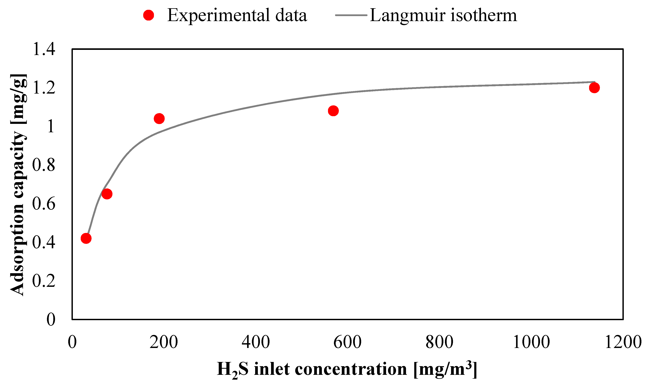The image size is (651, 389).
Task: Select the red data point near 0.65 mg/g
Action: click(107, 194)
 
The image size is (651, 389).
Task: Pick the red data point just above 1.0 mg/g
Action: click(159, 118)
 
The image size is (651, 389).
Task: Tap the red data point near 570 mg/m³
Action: click(333, 111)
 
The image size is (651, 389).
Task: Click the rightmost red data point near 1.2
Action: click(594, 88)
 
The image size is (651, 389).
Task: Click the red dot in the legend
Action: click(148, 15)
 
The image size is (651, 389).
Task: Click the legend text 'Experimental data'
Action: click(237, 15)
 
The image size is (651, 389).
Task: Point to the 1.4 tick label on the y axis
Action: click(44, 49)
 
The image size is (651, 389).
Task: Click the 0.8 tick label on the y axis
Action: click(44, 165)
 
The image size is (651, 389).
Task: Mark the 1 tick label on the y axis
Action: click(51, 126)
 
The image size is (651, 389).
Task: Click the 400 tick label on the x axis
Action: click(256, 342)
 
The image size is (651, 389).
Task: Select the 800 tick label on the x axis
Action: click(439, 342)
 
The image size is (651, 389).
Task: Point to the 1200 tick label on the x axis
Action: click(623, 342)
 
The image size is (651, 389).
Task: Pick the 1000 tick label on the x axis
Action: click(531, 342)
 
